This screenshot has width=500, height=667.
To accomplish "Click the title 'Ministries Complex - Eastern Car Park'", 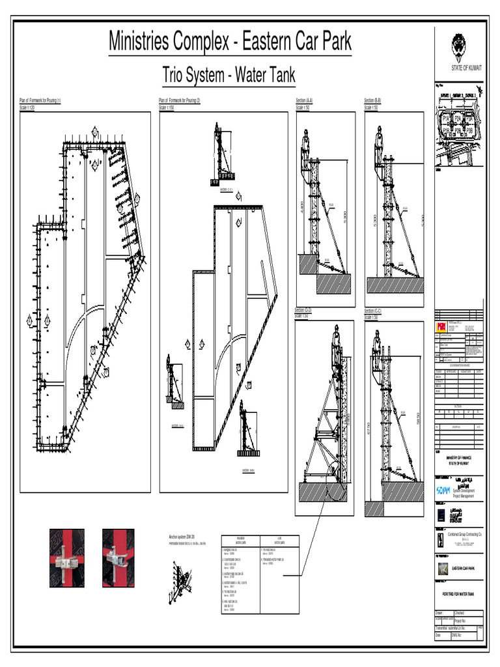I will coord(230,43).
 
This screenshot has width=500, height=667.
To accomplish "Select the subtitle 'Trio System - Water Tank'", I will coord(229,76).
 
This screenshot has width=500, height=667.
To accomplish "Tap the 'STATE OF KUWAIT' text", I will coord(459,68).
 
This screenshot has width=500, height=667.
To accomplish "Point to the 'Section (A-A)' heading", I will coord(304,100).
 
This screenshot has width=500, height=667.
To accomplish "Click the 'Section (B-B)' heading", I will coord(373,100).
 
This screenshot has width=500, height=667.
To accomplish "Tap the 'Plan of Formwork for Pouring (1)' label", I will coord(40,100).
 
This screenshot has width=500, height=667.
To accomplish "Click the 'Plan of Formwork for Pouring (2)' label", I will coord(180,100).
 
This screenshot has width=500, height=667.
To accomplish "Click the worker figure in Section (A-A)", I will coord(305,147).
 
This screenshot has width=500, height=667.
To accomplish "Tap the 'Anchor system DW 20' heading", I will coord(182,537).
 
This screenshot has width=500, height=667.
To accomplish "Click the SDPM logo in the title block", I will coord(443,489).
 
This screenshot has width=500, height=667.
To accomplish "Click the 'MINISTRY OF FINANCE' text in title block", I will coord(458,458).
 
